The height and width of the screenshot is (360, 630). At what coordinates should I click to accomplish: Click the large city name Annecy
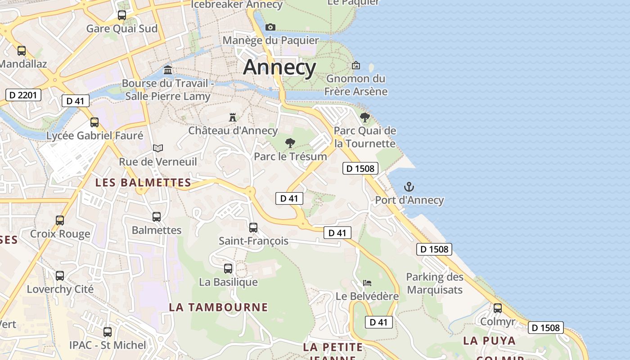[x=279, y=67]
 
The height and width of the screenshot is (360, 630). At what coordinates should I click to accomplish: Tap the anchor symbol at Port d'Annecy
[x=409, y=187]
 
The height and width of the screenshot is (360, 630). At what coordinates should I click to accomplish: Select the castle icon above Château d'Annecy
[x=233, y=117]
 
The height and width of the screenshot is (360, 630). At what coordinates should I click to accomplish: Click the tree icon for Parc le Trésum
[x=290, y=144]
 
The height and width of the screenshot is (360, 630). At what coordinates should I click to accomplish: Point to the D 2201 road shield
[x=23, y=95]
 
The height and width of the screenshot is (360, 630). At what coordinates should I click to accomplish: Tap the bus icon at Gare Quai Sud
[x=121, y=15]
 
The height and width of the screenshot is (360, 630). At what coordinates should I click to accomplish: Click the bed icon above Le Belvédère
[x=367, y=283]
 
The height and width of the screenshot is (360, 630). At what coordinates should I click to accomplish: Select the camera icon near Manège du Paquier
[x=270, y=27]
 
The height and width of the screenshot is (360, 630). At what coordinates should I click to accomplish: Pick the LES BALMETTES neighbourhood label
[x=143, y=183]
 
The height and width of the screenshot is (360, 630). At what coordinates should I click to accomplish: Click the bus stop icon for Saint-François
[x=253, y=228]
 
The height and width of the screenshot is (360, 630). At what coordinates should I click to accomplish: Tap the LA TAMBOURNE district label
[x=218, y=307]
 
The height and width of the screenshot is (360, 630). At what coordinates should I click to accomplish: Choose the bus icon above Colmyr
[x=498, y=308]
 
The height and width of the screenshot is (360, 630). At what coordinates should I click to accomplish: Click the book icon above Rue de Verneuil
[x=157, y=148]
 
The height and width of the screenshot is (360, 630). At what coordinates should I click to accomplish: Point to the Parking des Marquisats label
[x=435, y=283]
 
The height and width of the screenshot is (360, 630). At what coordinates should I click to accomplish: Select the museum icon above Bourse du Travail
[x=168, y=70]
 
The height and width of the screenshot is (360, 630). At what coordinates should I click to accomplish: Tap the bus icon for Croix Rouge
[x=60, y=220]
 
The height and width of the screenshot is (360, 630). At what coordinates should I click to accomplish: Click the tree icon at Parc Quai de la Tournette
[x=364, y=117]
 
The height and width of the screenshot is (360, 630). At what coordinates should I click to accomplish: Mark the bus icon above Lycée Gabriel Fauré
[x=94, y=122]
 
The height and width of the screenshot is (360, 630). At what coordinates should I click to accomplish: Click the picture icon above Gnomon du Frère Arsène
[x=356, y=66]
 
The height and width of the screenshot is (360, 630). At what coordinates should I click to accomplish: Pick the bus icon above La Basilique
[x=228, y=269]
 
